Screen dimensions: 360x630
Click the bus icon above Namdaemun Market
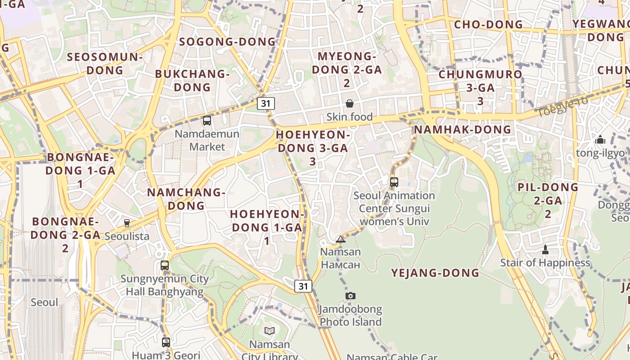tap(207, 121)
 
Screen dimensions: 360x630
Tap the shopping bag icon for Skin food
tap(350, 104)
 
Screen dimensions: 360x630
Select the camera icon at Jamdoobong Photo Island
tap(351, 296)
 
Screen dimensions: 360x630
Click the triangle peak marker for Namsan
tap(341, 239)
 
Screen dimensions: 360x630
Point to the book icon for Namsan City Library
tap(270, 331)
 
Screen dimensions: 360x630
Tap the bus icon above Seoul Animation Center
tap(394, 182)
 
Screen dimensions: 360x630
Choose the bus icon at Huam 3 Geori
tap(166, 342)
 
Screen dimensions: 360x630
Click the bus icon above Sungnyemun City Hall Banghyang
tap(165, 265)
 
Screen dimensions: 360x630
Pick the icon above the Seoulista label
tap(127, 223)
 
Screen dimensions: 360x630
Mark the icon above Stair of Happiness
tap(545, 249)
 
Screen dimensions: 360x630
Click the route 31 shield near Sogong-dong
tap(266, 103)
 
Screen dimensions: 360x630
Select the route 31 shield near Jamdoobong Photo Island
tap(303, 286)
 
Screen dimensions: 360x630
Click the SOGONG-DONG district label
tap(227, 42)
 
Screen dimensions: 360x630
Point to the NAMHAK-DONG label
tap(462, 130)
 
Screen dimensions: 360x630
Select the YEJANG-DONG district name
tap(435, 273)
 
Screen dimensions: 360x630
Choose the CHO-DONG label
tap(488, 24)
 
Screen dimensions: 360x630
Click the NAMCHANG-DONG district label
tap(186, 199)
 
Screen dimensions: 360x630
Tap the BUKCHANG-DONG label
tap(192, 81)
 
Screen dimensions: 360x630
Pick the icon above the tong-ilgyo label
tap(600, 140)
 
